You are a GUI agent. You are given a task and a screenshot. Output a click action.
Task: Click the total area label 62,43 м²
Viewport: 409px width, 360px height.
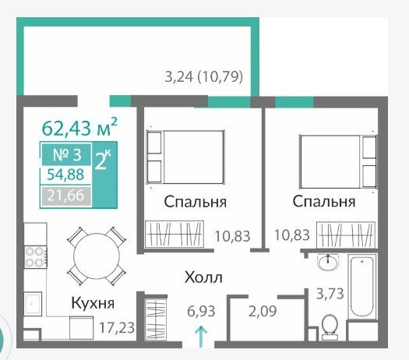point(79,127)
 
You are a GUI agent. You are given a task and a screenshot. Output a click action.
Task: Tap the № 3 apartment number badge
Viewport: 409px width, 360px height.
point(67,154)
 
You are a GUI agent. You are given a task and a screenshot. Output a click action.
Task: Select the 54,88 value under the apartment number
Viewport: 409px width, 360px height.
point(65,175)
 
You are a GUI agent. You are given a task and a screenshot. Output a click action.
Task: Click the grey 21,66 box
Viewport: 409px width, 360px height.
point(65,196)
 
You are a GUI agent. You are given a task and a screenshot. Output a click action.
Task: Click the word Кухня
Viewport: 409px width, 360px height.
point(93,303)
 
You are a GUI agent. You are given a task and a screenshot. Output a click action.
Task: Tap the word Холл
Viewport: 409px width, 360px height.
point(203,277)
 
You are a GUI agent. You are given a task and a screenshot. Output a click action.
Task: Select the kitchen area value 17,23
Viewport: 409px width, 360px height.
point(117,327)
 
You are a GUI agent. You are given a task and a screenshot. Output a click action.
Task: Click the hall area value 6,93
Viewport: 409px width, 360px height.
point(201,311)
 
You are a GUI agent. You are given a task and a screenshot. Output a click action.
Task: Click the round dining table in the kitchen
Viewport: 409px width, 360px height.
point(97,256)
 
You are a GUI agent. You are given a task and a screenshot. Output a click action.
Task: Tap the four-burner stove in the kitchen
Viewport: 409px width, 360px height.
point(36,257)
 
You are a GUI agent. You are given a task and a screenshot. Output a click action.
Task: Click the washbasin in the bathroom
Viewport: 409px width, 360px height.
point(328,262)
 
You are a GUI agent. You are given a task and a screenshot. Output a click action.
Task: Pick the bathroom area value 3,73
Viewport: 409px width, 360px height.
point(330,294)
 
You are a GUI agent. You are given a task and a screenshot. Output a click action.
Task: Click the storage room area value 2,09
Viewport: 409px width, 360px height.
point(263,311)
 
